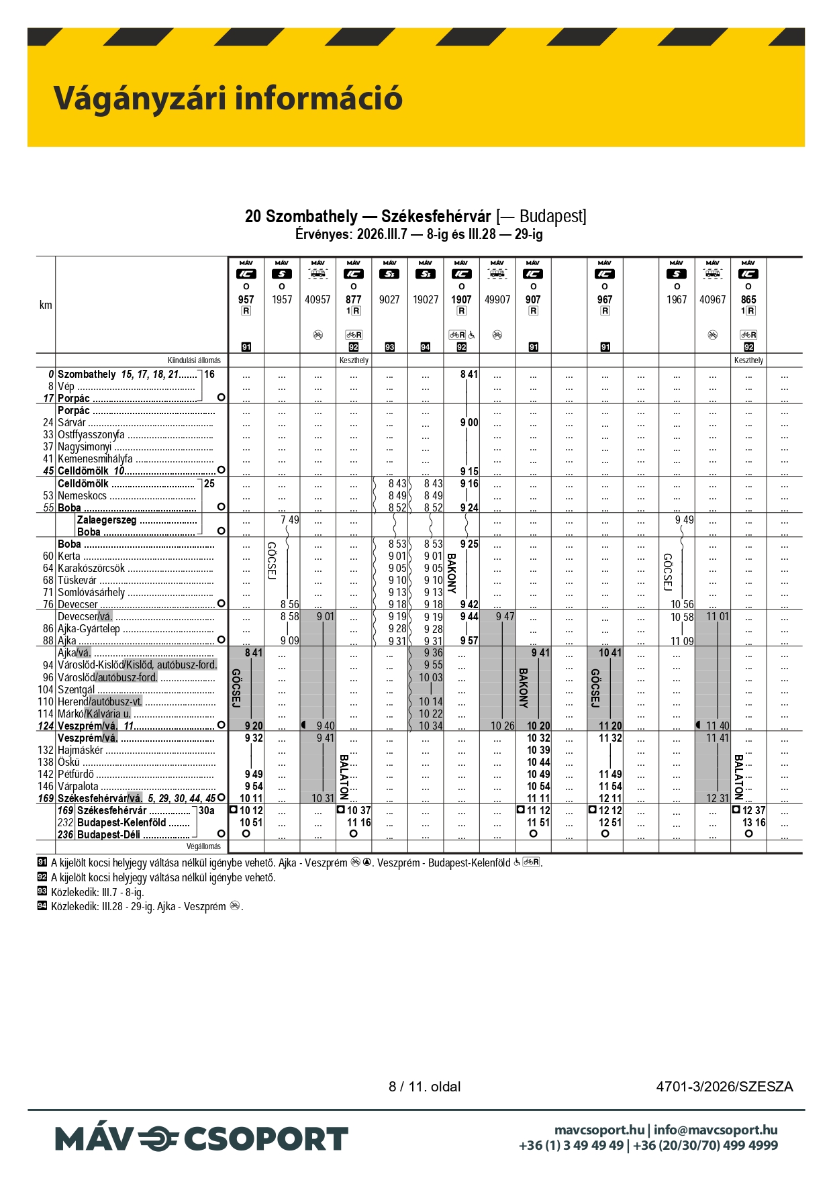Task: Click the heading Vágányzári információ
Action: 228,98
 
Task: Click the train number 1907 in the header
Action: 461,299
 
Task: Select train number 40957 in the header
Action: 317,299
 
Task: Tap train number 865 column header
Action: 748,299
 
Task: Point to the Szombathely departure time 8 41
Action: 469,375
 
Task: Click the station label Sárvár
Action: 72,423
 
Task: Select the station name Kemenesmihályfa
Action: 95,459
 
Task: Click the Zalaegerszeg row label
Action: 107,520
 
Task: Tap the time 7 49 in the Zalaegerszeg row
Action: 290,520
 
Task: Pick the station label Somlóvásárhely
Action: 91,593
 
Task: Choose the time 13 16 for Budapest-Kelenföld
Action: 754,823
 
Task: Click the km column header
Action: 46,305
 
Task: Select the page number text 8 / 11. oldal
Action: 424,1087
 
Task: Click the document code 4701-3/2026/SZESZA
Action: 724,1087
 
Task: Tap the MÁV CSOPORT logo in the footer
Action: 201,1139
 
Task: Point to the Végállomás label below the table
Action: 203,846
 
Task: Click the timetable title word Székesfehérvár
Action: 436,216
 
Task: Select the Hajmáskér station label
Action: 81,750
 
